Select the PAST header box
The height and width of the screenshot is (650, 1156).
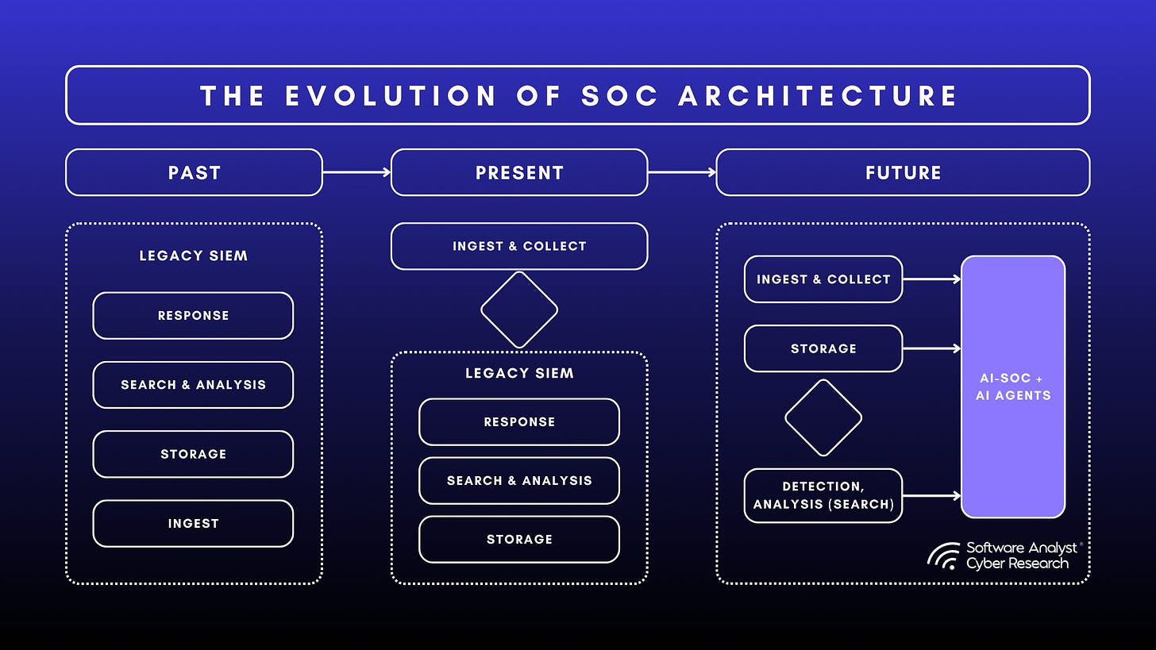tap(194, 172)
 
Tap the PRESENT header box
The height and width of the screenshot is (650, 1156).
tap(519, 172)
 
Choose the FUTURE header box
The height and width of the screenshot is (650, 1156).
tap(903, 172)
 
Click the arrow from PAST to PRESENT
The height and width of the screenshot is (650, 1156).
tap(356, 171)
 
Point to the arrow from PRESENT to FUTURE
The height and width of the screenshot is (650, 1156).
tap(682, 171)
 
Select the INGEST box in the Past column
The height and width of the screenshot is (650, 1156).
tap(193, 523)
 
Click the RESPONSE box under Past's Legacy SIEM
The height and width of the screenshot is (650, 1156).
tap(193, 315)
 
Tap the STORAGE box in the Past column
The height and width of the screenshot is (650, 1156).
tap(193, 454)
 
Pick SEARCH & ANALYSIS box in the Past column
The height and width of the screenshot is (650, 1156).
tap(193, 385)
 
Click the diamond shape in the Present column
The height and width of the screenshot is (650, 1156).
tap(519, 310)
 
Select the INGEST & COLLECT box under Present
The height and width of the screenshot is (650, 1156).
tap(519, 246)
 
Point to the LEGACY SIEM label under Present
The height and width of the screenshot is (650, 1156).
tap(519, 373)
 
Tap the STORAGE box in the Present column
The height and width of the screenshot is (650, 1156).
tap(519, 540)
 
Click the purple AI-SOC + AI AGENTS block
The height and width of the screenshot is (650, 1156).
tap(1012, 387)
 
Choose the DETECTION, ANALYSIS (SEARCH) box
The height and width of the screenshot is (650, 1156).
tap(823, 495)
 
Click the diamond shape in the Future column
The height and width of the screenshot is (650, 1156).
tap(823, 417)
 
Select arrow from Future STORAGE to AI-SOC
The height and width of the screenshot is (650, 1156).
tap(931, 348)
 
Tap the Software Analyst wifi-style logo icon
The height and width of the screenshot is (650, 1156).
tap(943, 556)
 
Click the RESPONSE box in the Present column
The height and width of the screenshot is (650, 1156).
tap(519, 422)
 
